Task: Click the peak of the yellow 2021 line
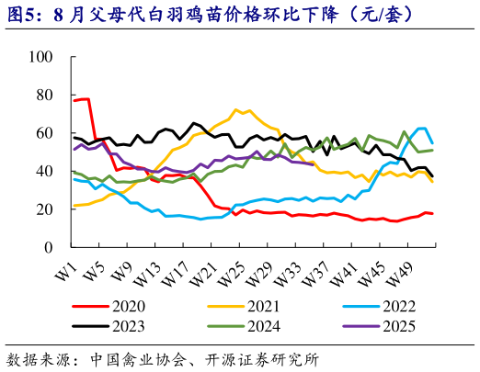click(236, 109)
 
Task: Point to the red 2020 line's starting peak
click(84, 98)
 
